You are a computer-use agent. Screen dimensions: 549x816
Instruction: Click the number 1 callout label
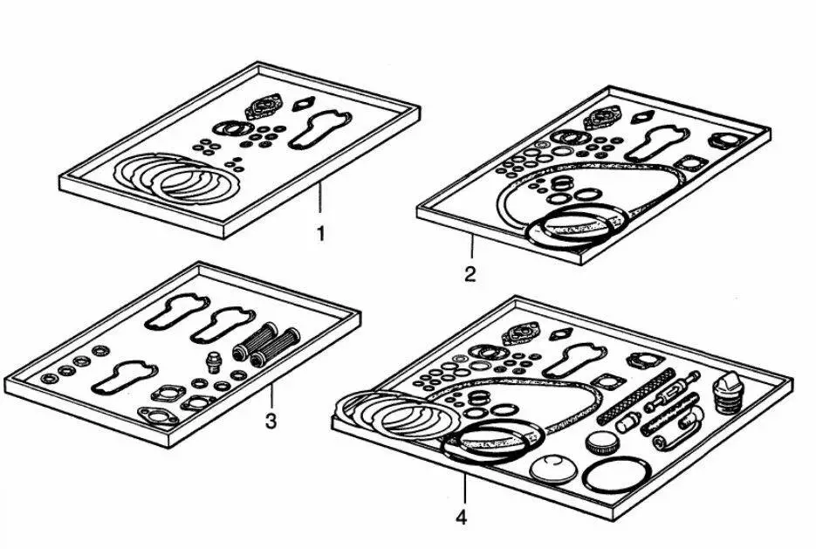320,233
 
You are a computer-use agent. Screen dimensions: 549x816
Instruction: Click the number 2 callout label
470,274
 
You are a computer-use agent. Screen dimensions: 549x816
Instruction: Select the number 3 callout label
271,422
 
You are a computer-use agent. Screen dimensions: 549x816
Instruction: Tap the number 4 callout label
461,517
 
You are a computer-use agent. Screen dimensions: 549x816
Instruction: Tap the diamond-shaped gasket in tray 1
303,105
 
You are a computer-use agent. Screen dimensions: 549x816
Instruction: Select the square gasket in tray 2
690,163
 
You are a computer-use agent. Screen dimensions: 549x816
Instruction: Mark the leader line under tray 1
320,198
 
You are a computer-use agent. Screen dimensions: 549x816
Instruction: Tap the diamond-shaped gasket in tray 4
564,332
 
